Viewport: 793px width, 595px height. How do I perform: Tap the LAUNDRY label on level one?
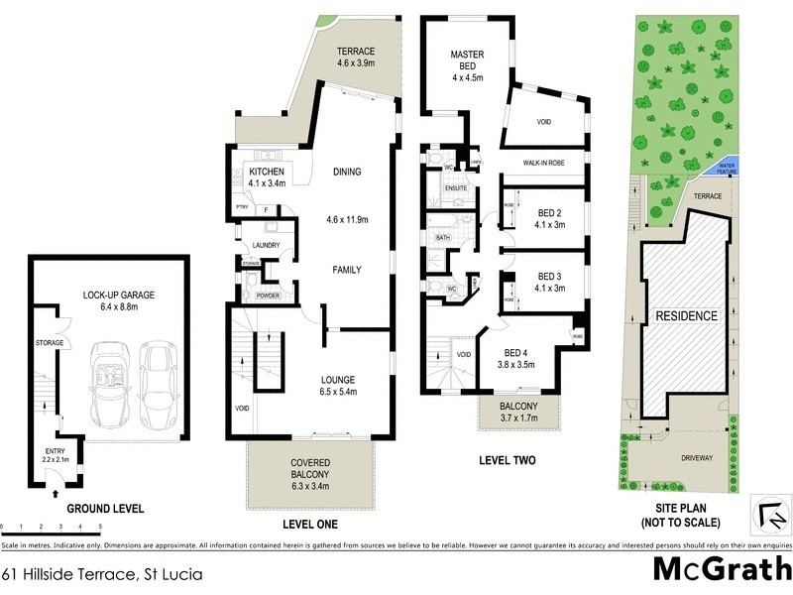tap(266, 245)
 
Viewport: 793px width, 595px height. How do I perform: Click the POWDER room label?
tap(268, 297)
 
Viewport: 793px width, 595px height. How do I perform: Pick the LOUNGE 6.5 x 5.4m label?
tap(344, 386)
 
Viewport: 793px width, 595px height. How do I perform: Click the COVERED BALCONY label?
tap(309, 470)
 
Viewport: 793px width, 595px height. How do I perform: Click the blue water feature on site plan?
tap(727, 168)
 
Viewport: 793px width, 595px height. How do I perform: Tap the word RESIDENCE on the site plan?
tap(684, 316)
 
